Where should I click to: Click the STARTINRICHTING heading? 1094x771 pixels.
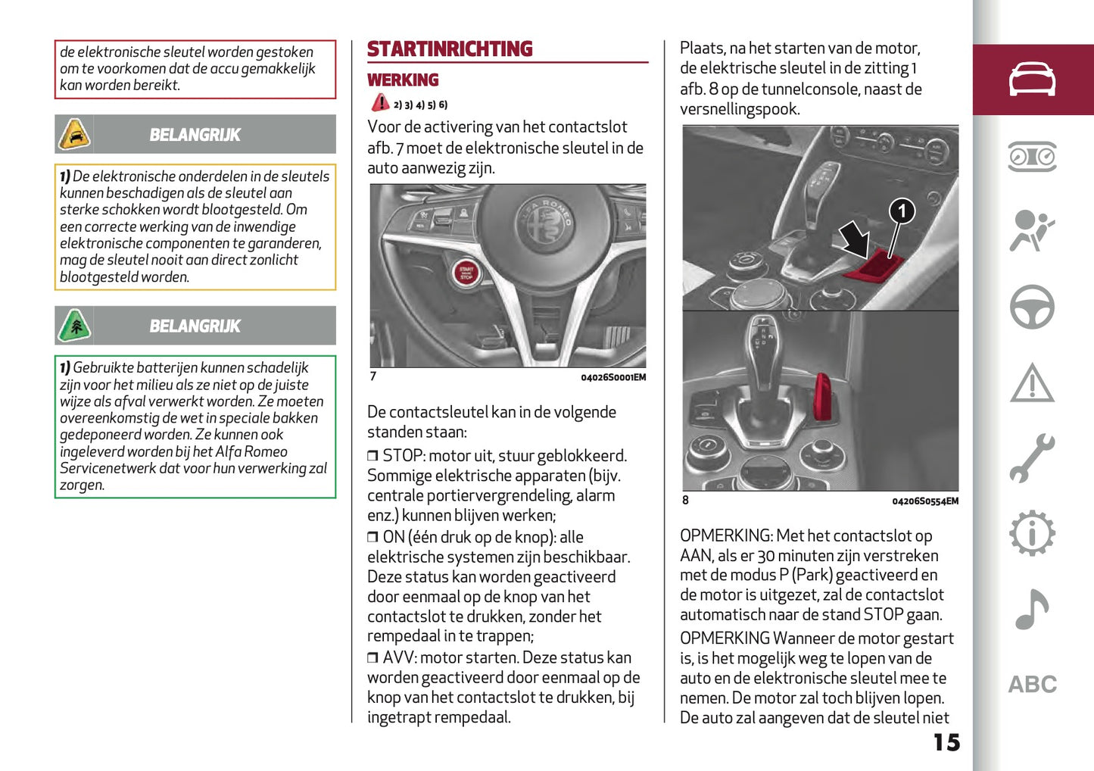click(450, 49)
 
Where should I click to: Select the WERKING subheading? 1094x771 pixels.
click(403, 80)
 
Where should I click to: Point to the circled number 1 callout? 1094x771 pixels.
click(901, 211)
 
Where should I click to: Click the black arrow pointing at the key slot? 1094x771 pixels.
click(856, 239)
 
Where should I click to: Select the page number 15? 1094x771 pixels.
click(946, 742)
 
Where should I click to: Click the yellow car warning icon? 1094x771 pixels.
click(74, 135)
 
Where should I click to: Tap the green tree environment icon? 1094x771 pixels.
click(74, 326)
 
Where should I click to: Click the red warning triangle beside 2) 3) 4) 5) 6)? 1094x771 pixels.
click(380, 104)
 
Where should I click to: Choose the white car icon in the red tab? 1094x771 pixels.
click(1032, 80)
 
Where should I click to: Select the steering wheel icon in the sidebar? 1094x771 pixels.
click(1032, 307)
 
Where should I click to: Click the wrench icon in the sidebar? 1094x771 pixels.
click(1032, 458)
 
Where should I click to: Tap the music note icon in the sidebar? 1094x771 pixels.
click(1032, 609)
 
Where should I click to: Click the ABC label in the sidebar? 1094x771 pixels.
click(1032, 685)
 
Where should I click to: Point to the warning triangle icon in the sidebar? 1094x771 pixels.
click(1032, 383)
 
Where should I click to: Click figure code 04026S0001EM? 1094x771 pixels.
click(613, 377)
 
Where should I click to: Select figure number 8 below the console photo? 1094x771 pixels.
click(686, 500)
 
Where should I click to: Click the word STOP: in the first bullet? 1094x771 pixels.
click(403, 456)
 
